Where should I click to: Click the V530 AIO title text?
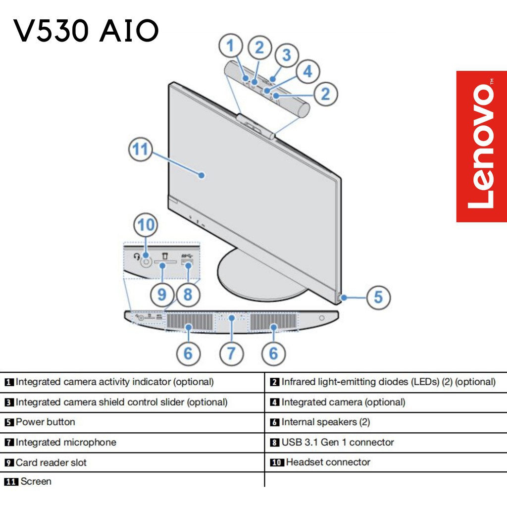(x=86, y=32)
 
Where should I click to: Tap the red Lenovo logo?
(x=481, y=147)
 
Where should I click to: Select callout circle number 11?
(x=141, y=149)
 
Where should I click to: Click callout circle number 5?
(x=378, y=297)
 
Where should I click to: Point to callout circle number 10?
(x=146, y=226)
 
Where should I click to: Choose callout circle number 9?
(x=162, y=295)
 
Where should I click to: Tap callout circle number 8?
(x=188, y=295)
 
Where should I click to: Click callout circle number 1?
(x=230, y=47)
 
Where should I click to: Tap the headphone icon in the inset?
(x=137, y=256)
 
